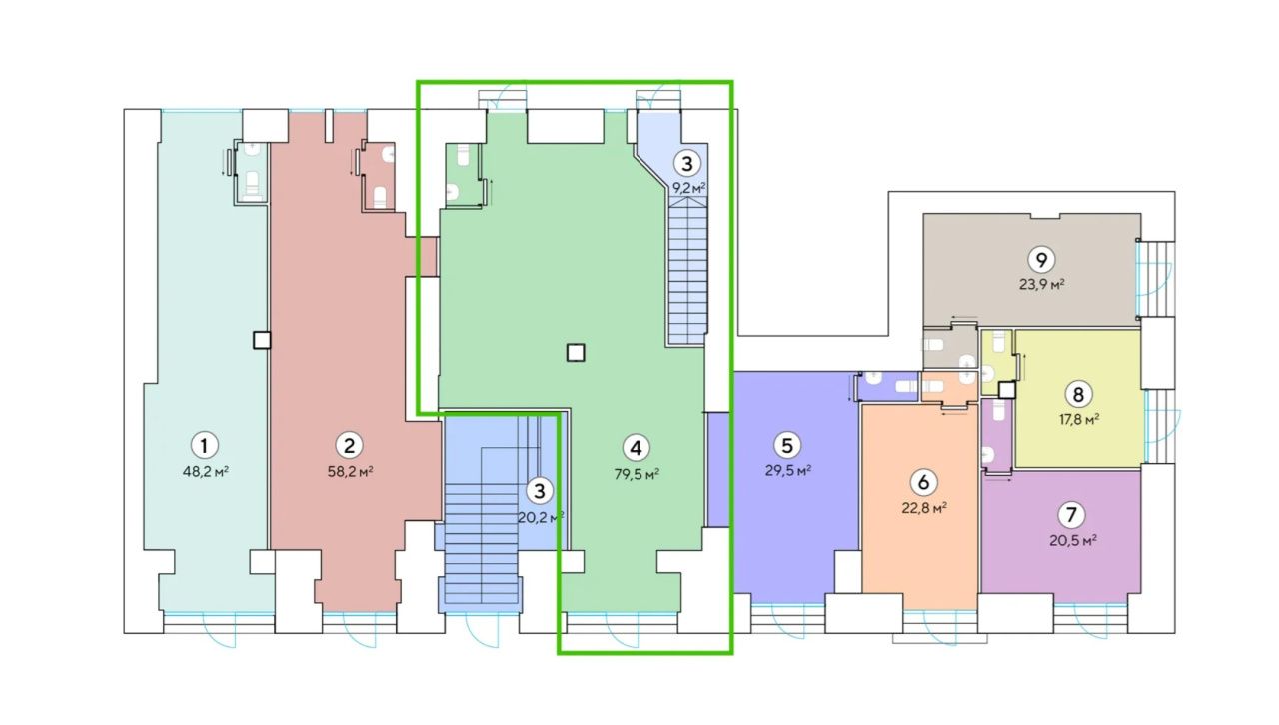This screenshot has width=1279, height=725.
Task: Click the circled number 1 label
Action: (205, 445)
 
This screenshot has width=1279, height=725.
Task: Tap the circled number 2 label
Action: (349, 445)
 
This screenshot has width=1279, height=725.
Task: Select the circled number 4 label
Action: (636, 448)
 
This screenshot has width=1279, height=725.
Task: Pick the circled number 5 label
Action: (786, 445)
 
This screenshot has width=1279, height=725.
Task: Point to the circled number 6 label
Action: (923, 482)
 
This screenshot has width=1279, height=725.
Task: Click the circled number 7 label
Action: (1071, 515)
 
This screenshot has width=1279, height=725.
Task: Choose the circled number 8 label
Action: (1078, 394)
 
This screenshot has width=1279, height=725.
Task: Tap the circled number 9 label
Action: (1041, 260)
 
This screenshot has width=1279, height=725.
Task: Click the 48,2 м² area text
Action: (206, 472)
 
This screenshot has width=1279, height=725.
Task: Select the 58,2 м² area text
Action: (351, 472)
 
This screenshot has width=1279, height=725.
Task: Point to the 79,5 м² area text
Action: (638, 475)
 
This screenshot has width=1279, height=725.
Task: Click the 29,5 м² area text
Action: (788, 471)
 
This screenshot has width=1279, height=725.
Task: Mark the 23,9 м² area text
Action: (1042, 285)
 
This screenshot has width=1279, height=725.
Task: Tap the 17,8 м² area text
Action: (1080, 420)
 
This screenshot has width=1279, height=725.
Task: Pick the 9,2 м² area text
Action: (689, 188)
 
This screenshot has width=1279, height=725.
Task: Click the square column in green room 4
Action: (576, 353)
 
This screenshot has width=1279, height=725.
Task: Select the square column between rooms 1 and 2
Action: (262, 341)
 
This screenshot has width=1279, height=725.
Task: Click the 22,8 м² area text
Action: (925, 508)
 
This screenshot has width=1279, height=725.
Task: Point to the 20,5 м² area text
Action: (1073, 540)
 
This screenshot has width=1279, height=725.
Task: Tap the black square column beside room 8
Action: (1007, 390)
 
